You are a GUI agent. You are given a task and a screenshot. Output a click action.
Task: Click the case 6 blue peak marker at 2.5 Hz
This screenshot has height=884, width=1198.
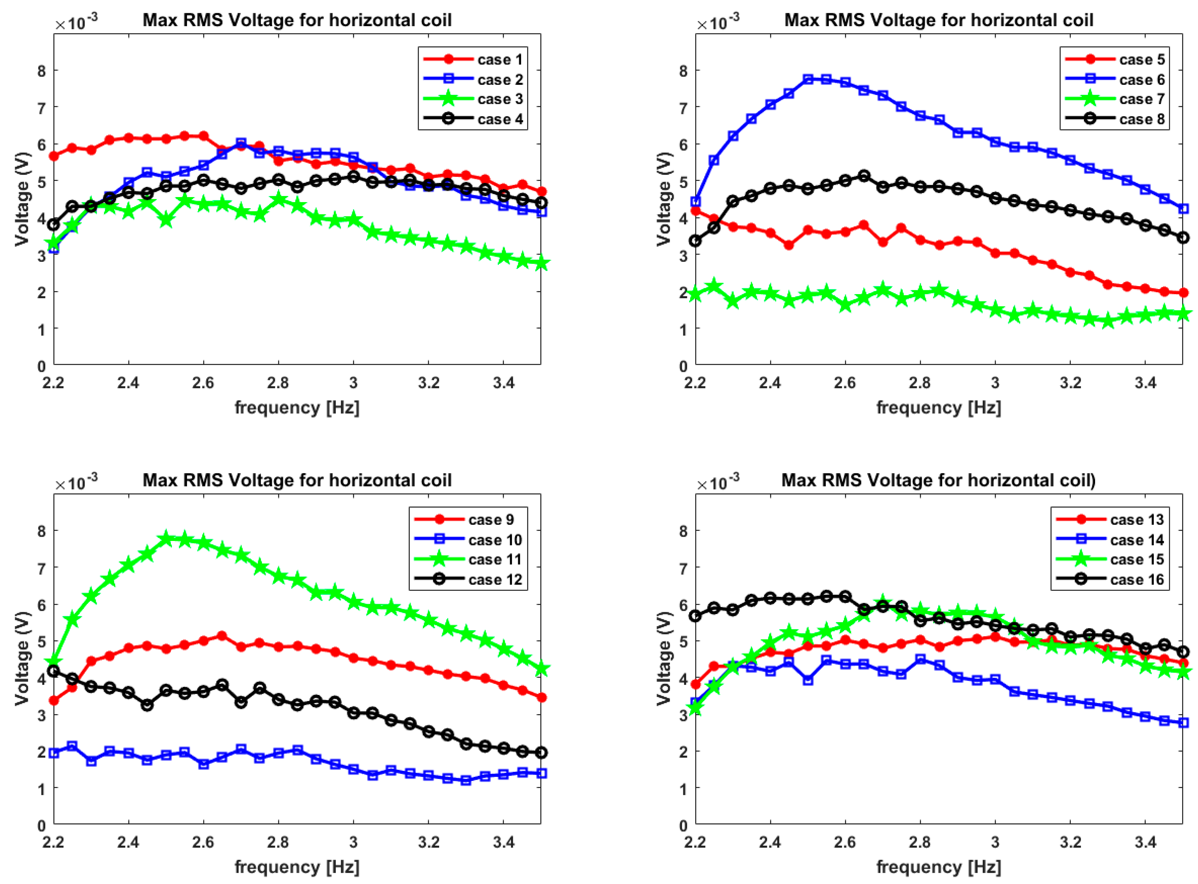[x=808, y=79]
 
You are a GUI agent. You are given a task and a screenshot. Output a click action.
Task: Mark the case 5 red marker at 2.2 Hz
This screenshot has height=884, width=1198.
[x=696, y=211]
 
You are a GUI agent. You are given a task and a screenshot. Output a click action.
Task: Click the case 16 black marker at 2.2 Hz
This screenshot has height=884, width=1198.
[x=696, y=617]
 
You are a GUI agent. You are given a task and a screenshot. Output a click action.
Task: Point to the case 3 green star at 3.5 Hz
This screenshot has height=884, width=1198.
[x=541, y=263]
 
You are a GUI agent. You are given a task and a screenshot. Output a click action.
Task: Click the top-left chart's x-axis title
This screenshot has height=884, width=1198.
[x=297, y=408]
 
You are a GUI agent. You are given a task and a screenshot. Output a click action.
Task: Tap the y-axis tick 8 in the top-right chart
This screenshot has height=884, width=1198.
[x=683, y=71]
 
